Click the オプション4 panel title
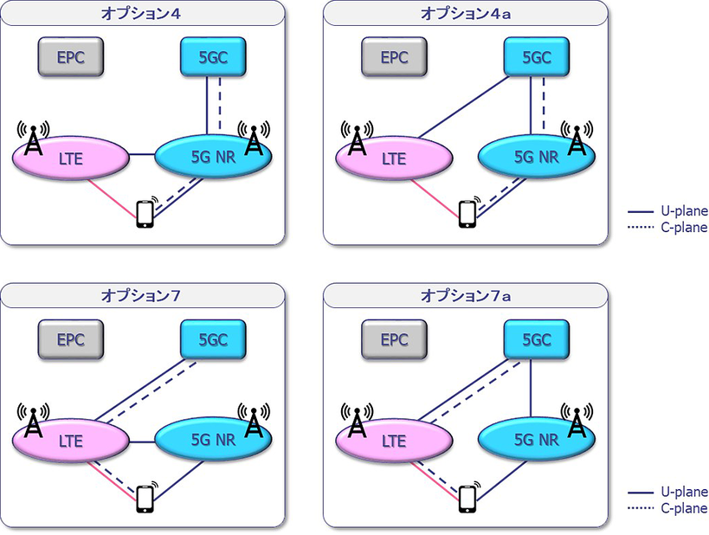coord(143,12)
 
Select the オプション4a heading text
coord(466,12)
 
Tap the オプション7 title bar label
coord(143,295)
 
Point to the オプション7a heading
coord(466,295)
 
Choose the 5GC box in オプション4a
coord(538,58)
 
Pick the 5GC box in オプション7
coord(213,340)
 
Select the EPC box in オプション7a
coord(394,340)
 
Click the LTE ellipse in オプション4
coord(71,157)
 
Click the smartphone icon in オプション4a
coord(467,214)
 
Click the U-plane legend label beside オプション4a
coord(684,210)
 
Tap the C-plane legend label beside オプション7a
coord(684,509)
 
